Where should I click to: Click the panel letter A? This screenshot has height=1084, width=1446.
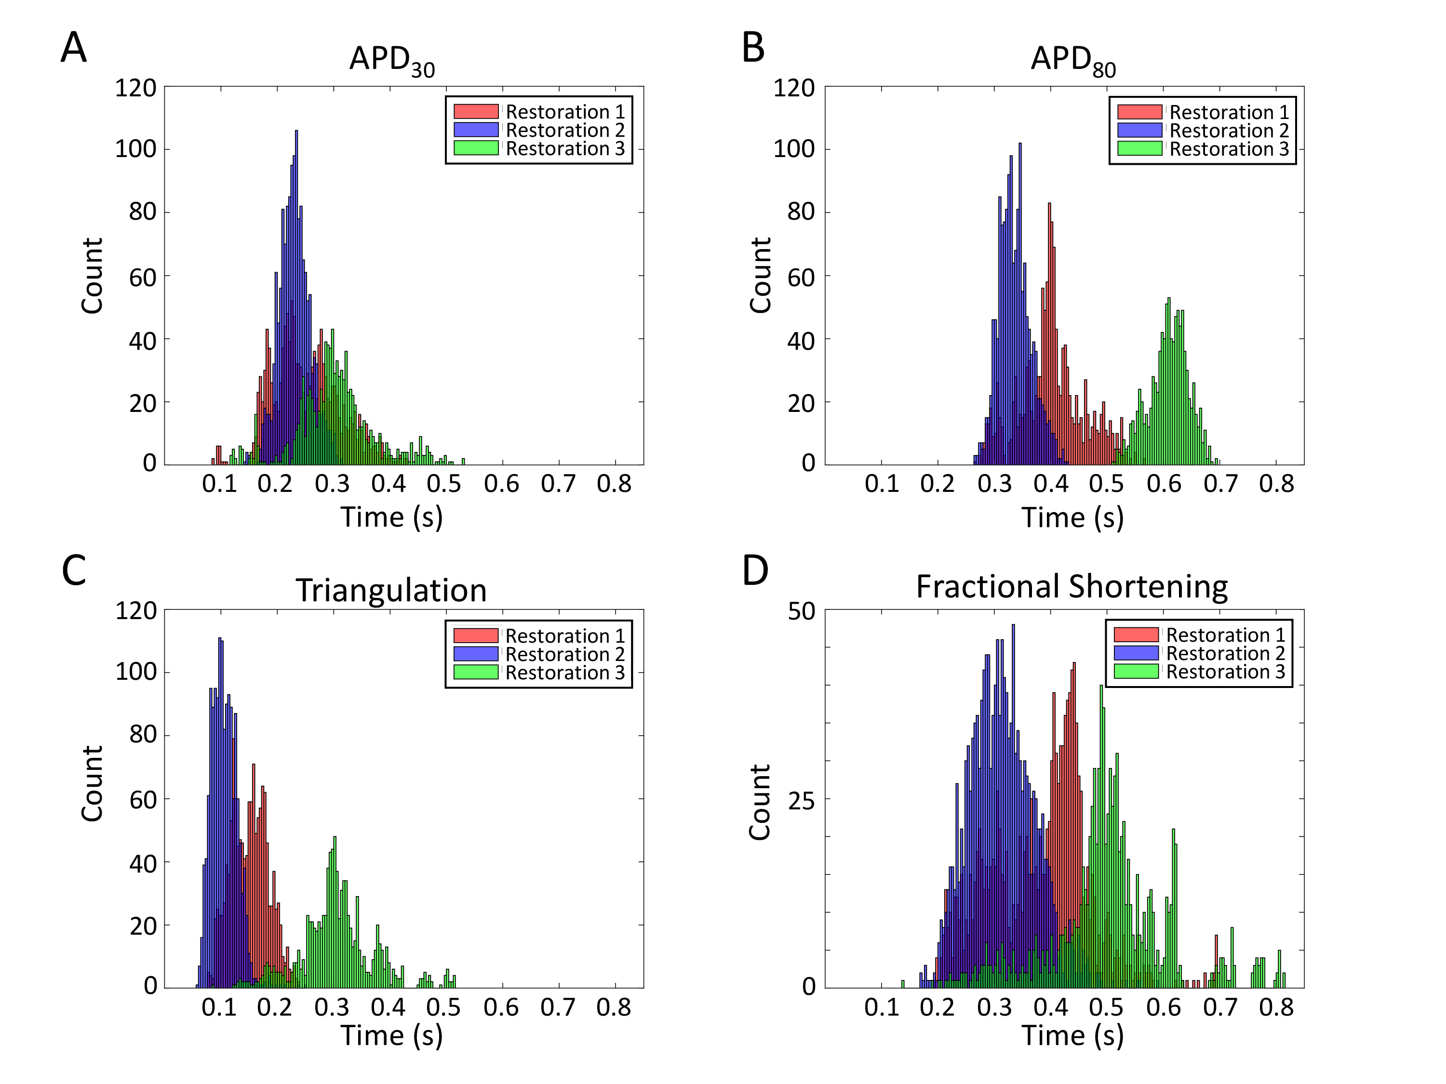tap(73, 48)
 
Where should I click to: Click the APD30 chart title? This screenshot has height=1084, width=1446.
tap(391, 60)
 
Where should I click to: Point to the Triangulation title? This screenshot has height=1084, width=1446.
tap(391, 590)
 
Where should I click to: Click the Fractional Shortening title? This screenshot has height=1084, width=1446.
tap(1071, 586)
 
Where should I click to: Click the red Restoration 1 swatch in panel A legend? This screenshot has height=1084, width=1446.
tap(476, 112)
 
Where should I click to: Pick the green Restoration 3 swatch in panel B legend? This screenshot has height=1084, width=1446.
tap(1139, 148)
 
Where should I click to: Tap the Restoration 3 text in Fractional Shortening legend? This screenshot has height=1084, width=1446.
tap(1226, 672)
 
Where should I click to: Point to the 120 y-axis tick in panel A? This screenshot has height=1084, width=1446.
tap(136, 88)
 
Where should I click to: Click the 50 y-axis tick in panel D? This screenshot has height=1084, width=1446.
tap(802, 611)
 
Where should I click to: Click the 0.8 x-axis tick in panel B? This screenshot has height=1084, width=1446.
tap(1276, 484)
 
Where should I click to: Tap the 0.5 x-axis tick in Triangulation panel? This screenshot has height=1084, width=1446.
tap(443, 1007)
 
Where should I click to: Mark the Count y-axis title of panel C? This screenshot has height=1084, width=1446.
tap(92, 783)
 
